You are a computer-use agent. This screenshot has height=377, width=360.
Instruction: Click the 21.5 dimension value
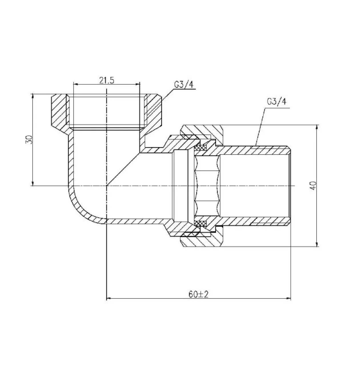[107, 81]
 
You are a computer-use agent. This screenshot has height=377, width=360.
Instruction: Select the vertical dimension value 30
[29, 140]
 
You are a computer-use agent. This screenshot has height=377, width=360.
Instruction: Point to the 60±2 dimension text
[198, 294]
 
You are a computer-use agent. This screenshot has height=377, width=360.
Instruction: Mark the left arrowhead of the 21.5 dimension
[76, 84]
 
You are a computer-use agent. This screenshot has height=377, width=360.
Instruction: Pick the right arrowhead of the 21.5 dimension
[138, 84]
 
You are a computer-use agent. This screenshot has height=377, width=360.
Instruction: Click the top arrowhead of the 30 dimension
[33, 96]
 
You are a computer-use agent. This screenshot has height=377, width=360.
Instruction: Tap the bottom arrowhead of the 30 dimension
[33, 184]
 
